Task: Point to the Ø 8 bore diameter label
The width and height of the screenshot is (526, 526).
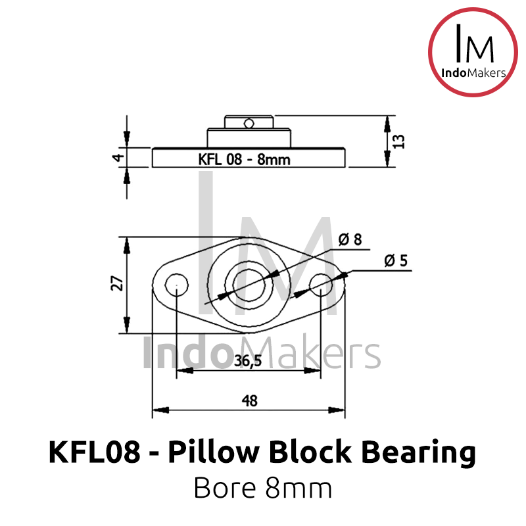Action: coord(350,240)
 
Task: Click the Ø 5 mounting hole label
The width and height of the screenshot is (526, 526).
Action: coord(395,261)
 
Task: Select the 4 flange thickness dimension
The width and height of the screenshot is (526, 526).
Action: coord(116,157)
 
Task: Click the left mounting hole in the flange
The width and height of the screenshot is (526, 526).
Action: coord(176,285)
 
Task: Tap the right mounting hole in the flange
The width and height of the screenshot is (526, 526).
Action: coord(321,285)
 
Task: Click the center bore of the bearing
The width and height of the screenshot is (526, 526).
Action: coord(249,285)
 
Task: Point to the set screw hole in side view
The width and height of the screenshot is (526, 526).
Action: coord(247,122)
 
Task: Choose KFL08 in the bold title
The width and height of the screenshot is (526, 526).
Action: coord(93,454)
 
